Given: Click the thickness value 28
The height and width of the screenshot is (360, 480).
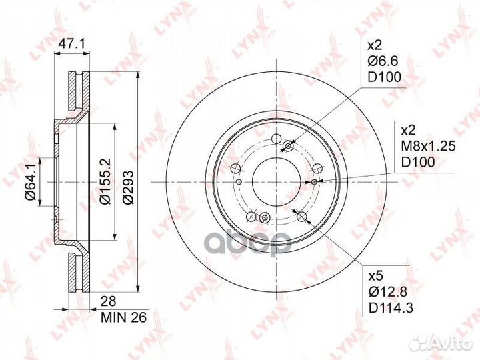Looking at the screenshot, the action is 109,301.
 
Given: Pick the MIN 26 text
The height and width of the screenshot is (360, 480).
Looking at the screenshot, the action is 124,317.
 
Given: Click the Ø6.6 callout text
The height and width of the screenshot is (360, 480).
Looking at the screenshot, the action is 383,61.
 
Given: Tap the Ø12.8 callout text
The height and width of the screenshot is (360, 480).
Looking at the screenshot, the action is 388,293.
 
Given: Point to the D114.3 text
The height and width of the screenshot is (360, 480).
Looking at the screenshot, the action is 391,308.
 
